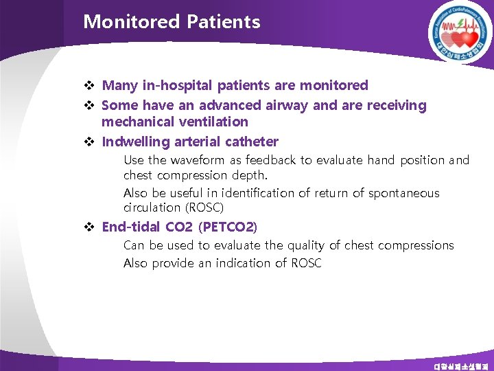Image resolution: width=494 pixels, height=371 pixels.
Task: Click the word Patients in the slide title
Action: pyautogui.click(x=223, y=22)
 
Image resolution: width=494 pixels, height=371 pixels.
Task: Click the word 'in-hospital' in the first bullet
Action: pyautogui.click(x=178, y=86)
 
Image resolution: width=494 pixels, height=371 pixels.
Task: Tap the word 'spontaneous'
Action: pyautogui.click(x=404, y=193)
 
